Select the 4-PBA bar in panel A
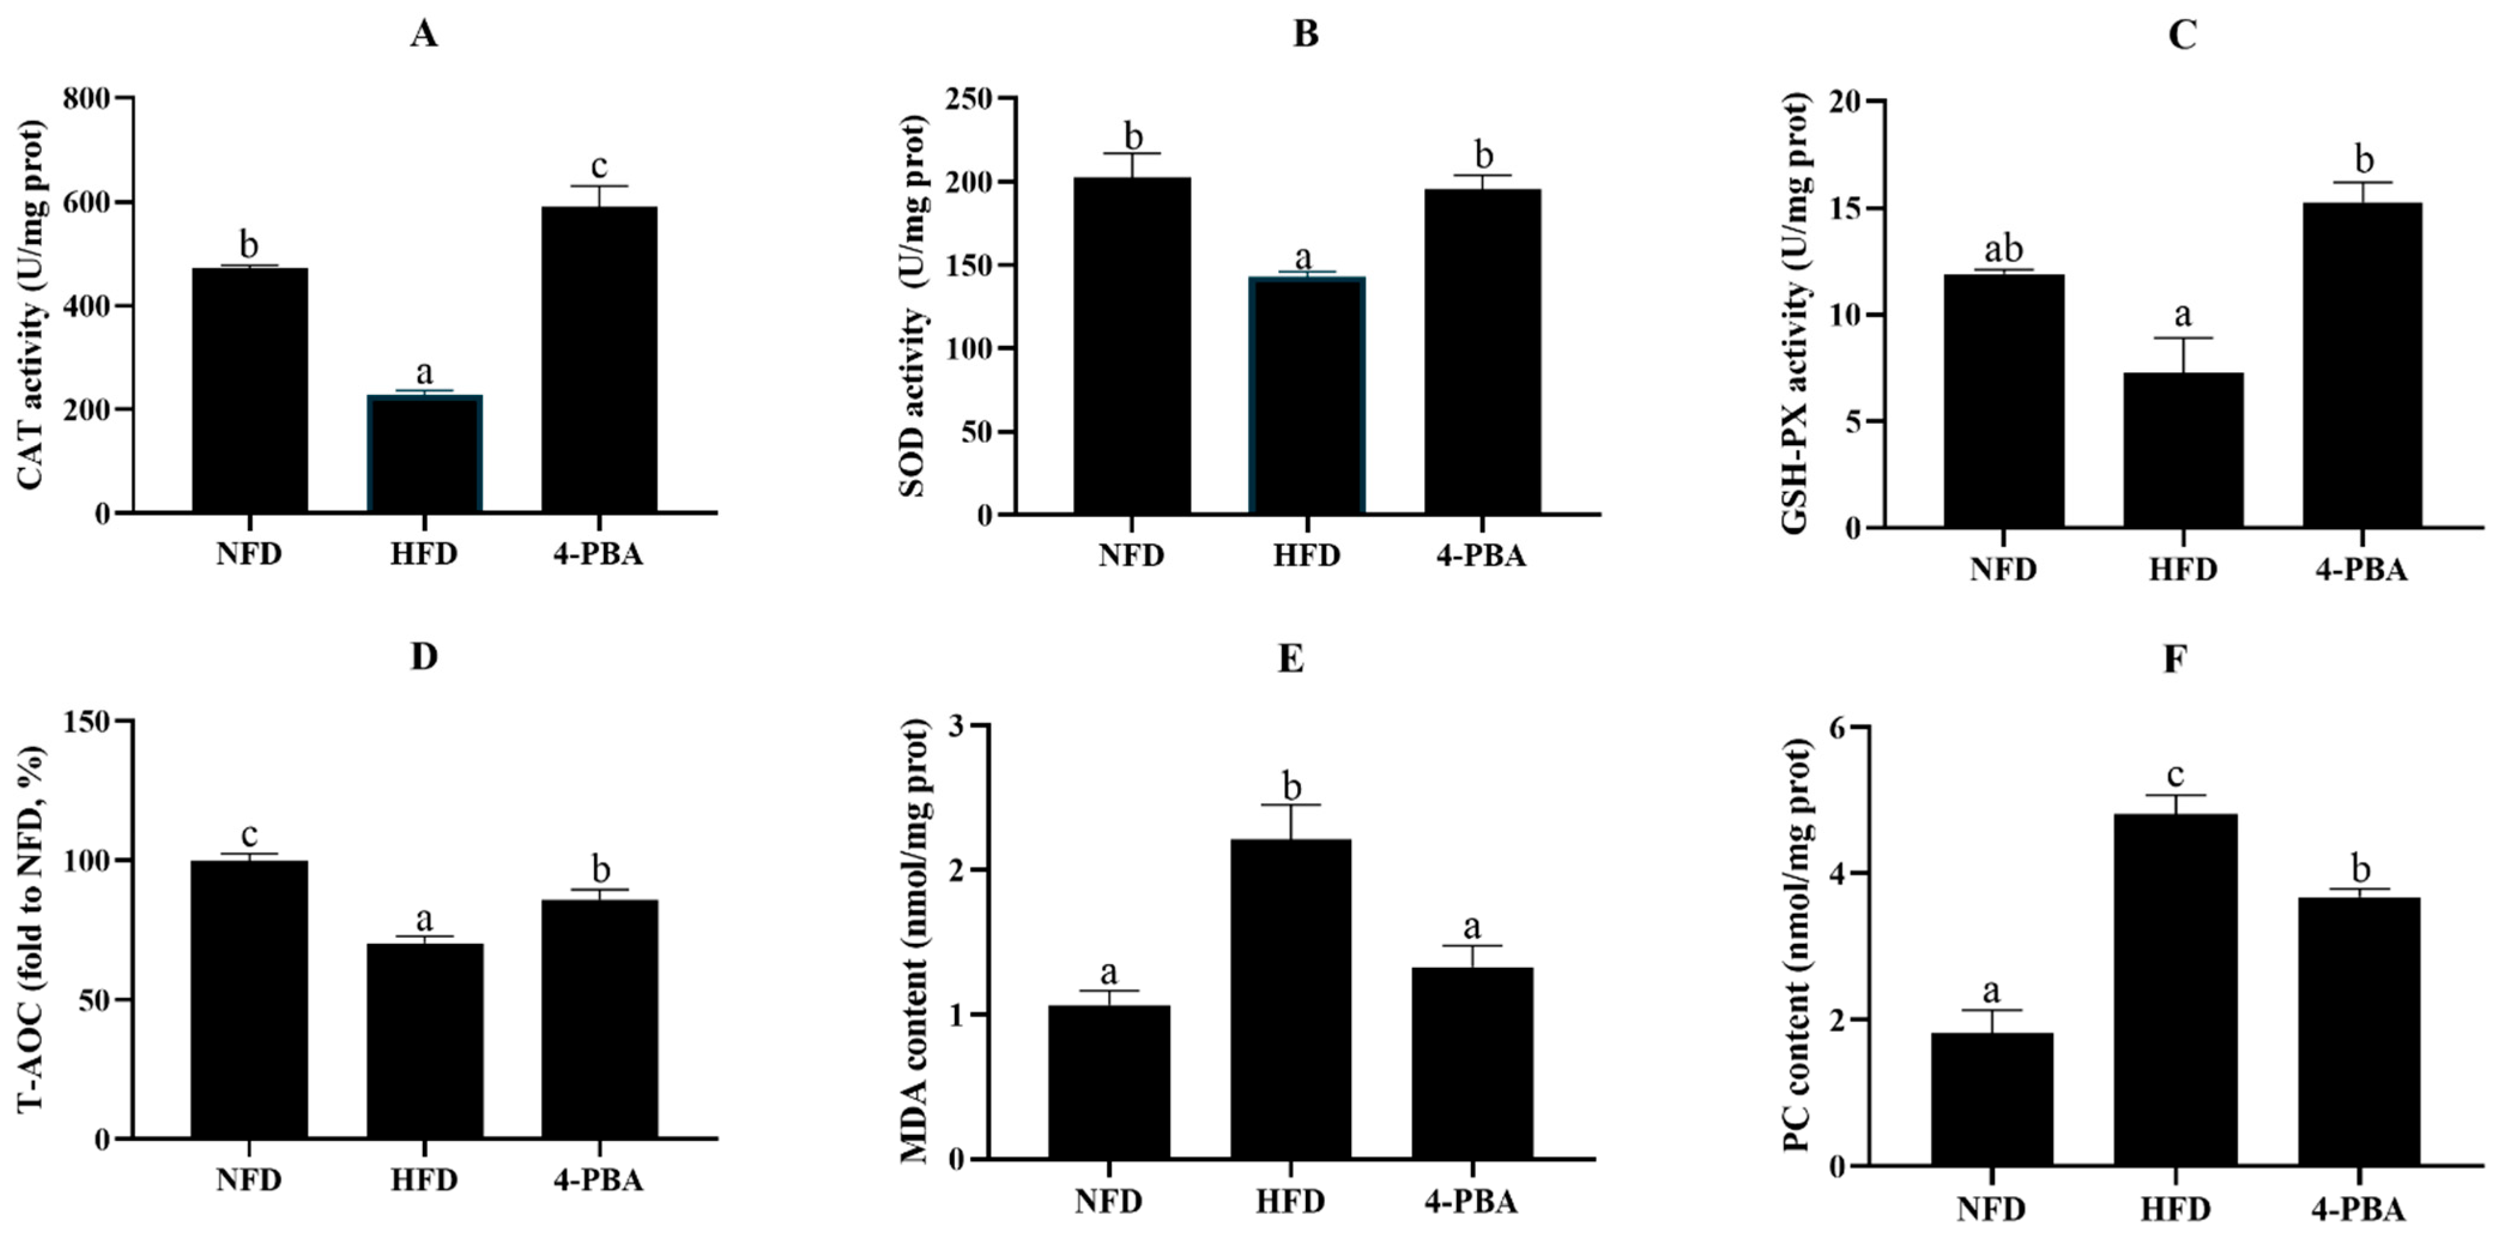pos(599,360)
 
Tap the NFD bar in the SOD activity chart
pos(1131,346)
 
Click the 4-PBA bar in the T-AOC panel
pos(599,1019)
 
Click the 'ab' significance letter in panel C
pos(2002,249)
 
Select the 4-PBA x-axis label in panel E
pos(1470,1202)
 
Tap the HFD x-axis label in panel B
pos(1306,555)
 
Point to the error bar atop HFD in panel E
pos(1291,820)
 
